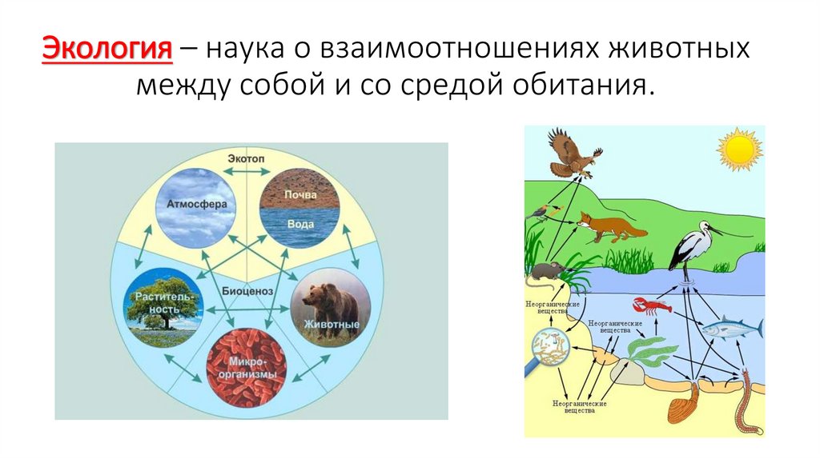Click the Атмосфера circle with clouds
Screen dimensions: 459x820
(195, 206)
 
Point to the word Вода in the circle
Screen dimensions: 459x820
(300, 224)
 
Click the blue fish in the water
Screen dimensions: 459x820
(731, 328)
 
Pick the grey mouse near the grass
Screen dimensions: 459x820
(549, 272)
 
